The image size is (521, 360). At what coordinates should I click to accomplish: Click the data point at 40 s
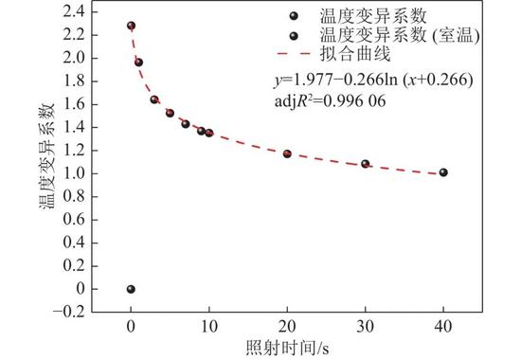click(x=443, y=172)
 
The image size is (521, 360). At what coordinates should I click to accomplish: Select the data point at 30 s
click(x=365, y=164)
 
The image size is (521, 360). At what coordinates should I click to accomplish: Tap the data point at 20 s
click(x=287, y=153)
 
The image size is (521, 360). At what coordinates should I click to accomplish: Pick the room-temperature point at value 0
click(x=131, y=289)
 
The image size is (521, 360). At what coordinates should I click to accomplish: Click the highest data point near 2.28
click(x=132, y=26)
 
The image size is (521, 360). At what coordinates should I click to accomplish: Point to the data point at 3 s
click(x=154, y=99)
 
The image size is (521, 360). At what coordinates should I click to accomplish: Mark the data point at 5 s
click(x=170, y=113)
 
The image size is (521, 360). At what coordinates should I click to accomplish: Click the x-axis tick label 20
click(x=287, y=327)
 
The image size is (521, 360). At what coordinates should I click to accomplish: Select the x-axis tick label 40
click(x=443, y=327)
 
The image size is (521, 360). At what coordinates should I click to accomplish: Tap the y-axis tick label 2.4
click(x=74, y=12)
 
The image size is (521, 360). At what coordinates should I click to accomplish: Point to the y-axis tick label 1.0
click(x=74, y=173)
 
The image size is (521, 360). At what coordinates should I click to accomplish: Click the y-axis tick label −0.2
click(x=68, y=312)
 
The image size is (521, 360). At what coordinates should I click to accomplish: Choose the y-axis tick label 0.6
click(x=74, y=220)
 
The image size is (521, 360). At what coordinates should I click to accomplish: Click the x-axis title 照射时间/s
click(x=288, y=348)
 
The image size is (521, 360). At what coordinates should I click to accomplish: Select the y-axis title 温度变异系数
click(x=47, y=156)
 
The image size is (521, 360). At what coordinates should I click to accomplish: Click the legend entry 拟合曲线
click(x=355, y=53)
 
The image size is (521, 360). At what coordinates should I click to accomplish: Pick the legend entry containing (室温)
click(x=400, y=34)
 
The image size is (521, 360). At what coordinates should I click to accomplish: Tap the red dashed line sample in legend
click(x=294, y=53)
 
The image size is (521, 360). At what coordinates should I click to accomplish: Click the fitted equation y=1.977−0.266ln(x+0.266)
click(x=373, y=80)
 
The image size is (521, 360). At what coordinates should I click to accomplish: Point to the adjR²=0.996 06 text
click(x=331, y=100)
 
